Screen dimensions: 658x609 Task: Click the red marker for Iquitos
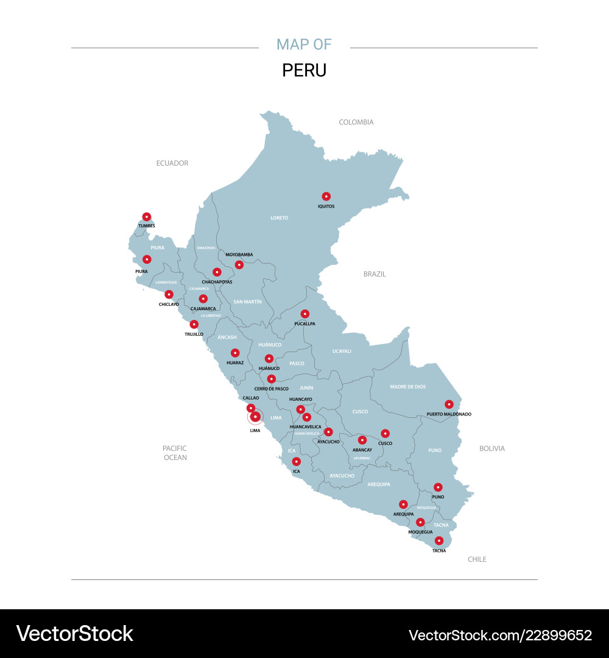[x=326, y=196]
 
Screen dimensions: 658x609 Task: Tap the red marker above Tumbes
[x=147, y=216]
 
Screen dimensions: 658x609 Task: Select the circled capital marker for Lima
[x=255, y=417]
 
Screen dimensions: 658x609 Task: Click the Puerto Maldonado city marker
[x=449, y=404]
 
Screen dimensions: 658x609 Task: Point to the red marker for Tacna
[x=439, y=540]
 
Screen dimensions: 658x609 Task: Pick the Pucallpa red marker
[x=305, y=314]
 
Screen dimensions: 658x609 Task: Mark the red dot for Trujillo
[x=194, y=324]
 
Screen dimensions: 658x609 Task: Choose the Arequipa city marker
[x=403, y=504]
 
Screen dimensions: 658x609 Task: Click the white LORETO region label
[x=280, y=218]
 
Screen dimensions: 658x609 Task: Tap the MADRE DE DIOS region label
[x=408, y=387]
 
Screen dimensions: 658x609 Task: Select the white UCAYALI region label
[x=342, y=351]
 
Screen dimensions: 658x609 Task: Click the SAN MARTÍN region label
[x=247, y=302]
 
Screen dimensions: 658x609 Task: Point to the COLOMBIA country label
[x=356, y=122]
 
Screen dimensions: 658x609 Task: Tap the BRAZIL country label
[x=375, y=274]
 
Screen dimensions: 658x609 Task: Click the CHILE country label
[x=477, y=559]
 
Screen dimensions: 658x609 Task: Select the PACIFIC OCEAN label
[x=175, y=453]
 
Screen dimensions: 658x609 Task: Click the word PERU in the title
[x=304, y=70]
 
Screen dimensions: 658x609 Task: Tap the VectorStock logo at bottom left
[x=74, y=634]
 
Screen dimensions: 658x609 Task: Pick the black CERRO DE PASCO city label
[x=272, y=389]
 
